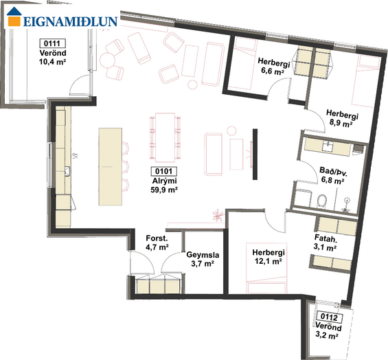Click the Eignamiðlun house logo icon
point(14,16)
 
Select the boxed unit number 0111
point(52,43)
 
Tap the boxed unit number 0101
point(164,171)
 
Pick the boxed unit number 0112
point(330,317)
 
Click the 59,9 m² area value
point(164,190)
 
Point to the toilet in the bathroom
point(322,201)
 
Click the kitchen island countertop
point(111,167)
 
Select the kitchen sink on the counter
point(67,171)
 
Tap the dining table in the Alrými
point(165,137)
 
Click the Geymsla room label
point(203,254)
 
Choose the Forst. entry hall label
point(157,238)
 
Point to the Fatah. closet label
point(326,238)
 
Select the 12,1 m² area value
point(269,261)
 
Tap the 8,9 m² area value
point(341,123)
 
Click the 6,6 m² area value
point(273,71)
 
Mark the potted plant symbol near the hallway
point(218,215)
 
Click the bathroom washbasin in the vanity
point(328,146)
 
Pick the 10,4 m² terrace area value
point(52,62)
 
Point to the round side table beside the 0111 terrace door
point(107,59)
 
